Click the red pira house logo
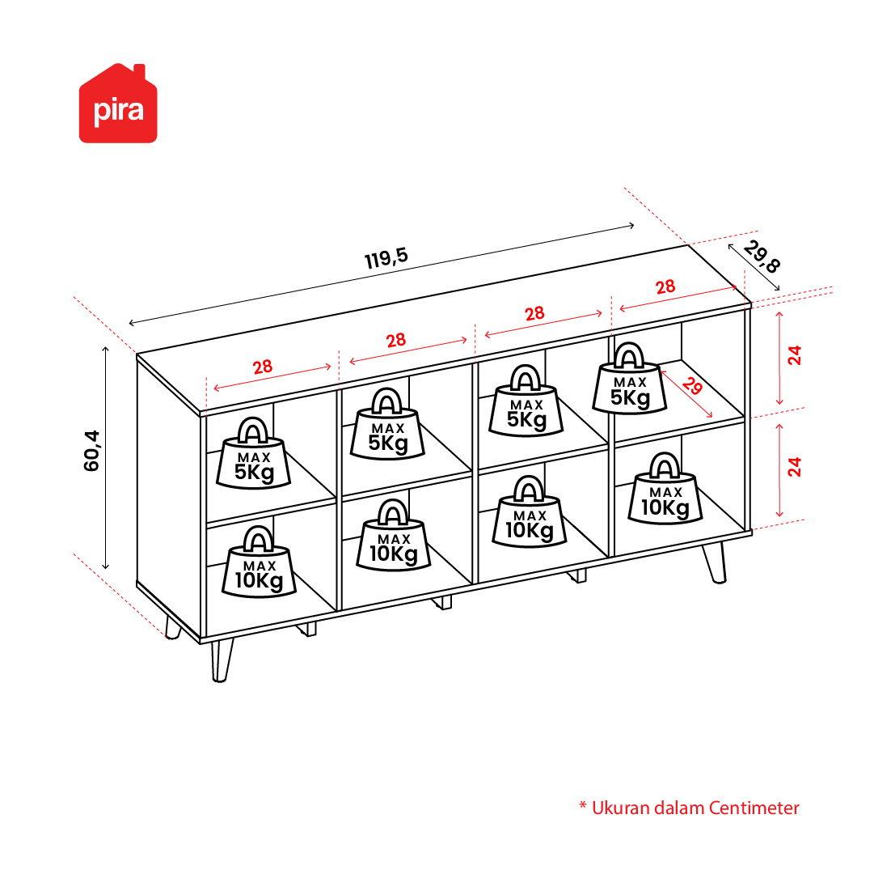coord(118,104)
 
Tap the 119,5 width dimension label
coord(386,258)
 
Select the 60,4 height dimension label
coord(91,451)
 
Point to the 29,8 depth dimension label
coord(762,257)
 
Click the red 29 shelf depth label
coord(692,385)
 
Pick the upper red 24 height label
coord(794,355)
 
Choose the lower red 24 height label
coord(794,466)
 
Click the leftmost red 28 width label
coord(263,367)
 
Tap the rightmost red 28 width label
coord(665,287)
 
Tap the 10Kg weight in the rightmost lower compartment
coord(665,489)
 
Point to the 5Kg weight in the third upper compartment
coord(526,401)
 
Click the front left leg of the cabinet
coord(222,660)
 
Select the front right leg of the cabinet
coord(716,562)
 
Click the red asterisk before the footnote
coord(583,805)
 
